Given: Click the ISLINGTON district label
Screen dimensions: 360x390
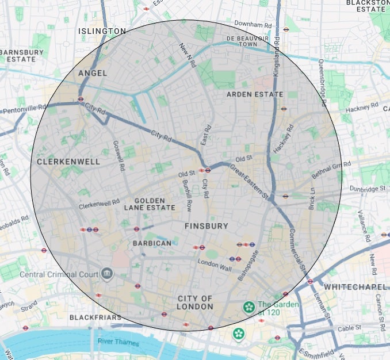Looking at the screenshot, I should [102, 31].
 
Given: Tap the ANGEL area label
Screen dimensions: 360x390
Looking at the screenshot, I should [93, 73].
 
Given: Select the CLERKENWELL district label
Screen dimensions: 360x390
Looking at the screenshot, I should [68, 162].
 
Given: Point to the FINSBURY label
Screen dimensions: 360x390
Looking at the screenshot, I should [206, 226].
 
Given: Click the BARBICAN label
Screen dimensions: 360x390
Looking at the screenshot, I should [152, 243].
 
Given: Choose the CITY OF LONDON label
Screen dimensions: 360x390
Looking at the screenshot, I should [195, 302].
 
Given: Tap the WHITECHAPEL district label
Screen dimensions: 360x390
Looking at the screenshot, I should [355, 286].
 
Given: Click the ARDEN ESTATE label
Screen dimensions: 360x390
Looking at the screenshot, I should [255, 94].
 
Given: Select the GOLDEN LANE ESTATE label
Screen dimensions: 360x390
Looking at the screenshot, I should [155, 204].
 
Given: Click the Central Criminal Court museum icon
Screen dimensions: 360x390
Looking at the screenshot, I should [106, 274].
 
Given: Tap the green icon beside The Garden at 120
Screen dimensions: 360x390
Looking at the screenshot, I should [248, 307].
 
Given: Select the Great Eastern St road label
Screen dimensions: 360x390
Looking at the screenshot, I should [249, 182].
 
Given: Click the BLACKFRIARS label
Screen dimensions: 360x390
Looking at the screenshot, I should [95, 317].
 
